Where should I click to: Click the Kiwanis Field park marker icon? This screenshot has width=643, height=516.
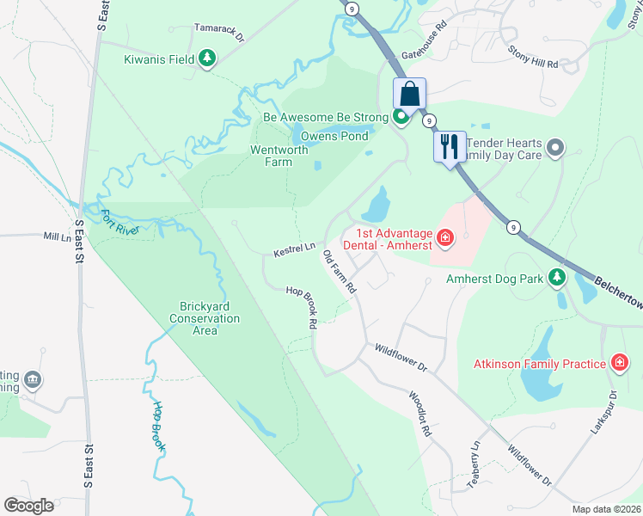(206, 58)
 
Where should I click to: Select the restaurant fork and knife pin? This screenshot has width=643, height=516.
(450, 146)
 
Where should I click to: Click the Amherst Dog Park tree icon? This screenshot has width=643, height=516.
(557, 278)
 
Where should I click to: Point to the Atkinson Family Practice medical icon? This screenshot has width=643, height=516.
(618, 364)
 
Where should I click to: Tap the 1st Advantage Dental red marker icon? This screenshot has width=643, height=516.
(444, 238)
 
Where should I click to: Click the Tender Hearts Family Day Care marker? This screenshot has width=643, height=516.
(555, 148)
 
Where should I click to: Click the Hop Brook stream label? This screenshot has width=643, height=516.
(161, 427)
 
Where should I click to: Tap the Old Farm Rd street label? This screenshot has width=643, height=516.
(339, 273)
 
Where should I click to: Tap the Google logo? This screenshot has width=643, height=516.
(28, 505)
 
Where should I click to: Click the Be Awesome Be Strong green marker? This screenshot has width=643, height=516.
(401, 116)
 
